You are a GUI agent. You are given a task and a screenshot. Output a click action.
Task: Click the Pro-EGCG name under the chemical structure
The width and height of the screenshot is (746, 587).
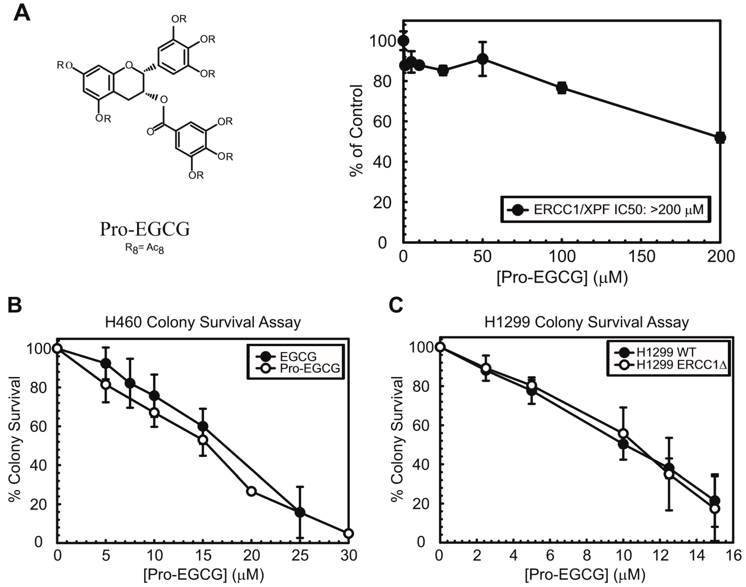145,229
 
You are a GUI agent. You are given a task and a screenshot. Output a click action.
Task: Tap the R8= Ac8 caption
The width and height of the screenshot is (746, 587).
144,248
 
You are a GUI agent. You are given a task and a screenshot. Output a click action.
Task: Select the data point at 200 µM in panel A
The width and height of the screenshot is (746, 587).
720,137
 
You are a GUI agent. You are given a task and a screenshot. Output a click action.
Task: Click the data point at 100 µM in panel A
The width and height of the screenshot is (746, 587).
561,88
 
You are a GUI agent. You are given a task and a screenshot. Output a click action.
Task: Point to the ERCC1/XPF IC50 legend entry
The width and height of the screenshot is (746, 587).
605,209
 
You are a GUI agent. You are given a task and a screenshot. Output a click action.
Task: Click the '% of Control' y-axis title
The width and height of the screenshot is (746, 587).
356,131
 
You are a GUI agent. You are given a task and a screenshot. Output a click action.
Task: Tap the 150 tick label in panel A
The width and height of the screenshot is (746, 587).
641,257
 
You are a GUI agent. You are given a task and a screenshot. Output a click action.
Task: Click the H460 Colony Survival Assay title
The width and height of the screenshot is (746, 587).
203,322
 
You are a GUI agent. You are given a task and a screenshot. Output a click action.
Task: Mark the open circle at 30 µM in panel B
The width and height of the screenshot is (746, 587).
348,533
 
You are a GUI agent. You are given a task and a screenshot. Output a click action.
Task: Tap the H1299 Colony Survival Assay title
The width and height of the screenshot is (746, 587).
587,322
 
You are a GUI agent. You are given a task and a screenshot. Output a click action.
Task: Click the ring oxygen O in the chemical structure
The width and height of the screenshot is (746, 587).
129,65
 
